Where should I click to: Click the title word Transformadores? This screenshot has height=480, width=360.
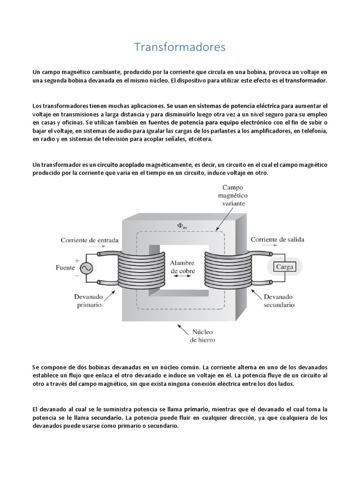tap(180, 47)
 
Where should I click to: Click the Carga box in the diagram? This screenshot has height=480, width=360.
tap(285, 267)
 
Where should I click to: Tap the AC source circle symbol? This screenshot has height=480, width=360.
tap(86, 268)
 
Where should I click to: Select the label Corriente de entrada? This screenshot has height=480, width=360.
tap(89, 240)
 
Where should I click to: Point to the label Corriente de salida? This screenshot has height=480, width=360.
tap(277, 240)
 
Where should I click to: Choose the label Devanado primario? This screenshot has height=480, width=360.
tap(89, 300)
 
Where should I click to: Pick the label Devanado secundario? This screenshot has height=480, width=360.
tap(278, 300)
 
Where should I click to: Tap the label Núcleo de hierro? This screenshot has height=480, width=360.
tap(202, 336)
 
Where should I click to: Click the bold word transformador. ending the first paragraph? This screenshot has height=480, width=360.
tap(305, 81)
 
